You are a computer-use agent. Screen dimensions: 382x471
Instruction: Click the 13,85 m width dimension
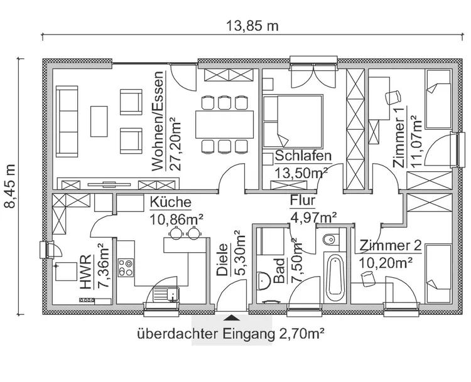click(x=251, y=26)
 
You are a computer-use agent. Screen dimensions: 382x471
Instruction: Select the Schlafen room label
click(x=303, y=156)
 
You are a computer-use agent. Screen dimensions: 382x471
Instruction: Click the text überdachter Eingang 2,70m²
click(x=230, y=334)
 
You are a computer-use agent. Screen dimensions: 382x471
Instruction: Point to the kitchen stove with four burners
click(x=126, y=269)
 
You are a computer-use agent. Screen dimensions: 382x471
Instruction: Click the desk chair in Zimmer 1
click(x=394, y=97)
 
